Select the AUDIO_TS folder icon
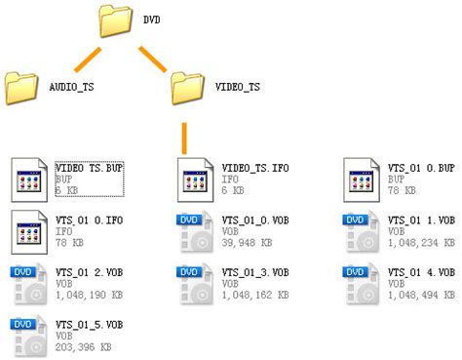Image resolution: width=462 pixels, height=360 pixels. click(x=21, y=87)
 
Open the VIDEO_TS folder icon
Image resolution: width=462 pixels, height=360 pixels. click(x=187, y=87)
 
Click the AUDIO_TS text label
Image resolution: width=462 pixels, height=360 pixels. click(x=71, y=88)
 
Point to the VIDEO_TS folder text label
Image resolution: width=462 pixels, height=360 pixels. click(x=238, y=88)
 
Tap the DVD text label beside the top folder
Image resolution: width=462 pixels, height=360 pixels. click(x=153, y=19)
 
